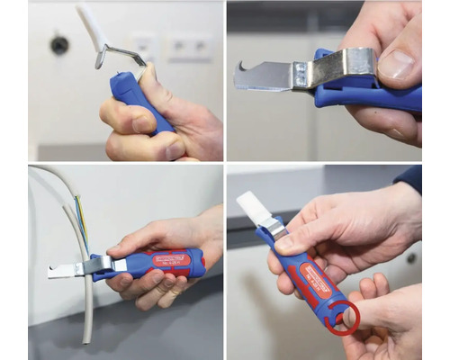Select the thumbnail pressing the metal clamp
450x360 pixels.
point(397,64)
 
